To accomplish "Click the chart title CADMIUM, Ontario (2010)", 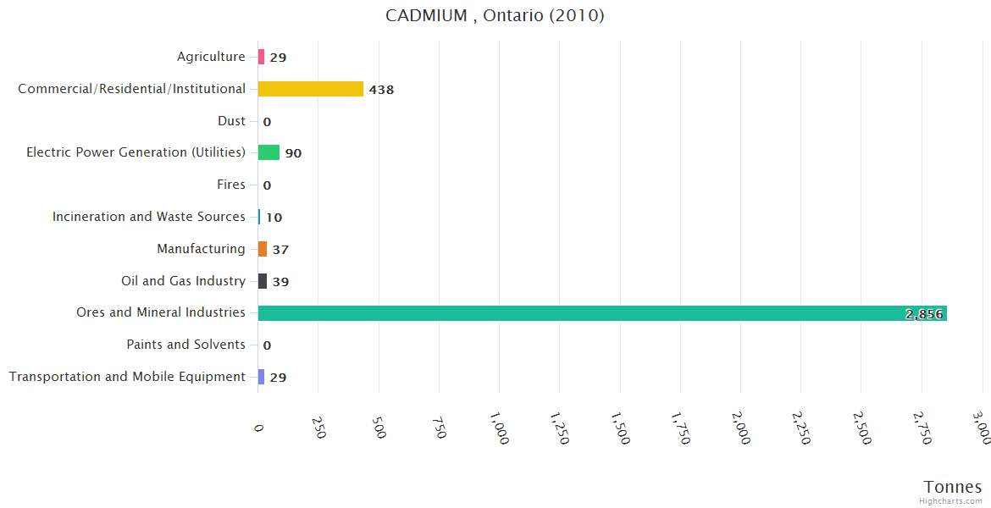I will click(495, 15).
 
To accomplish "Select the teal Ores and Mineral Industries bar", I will click(601, 313).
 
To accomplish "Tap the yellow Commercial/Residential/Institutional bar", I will click(310, 89).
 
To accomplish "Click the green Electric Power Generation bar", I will click(269, 152).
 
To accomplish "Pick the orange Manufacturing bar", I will click(263, 249).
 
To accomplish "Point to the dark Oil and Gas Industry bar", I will click(263, 281).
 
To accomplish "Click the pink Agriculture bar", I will click(261, 57).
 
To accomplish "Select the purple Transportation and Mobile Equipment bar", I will click(261, 377).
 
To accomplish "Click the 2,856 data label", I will click(923, 314).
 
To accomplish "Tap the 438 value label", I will click(381, 90).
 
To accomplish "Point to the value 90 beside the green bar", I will click(293, 153).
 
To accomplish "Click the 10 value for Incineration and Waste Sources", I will click(274, 218).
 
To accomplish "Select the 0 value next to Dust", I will click(267, 122).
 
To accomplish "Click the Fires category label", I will click(231, 185).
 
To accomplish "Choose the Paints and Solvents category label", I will click(185, 345).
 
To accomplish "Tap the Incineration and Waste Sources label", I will click(148, 217).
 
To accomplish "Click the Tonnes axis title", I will click(953, 487).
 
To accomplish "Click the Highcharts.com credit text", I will click(951, 501).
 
